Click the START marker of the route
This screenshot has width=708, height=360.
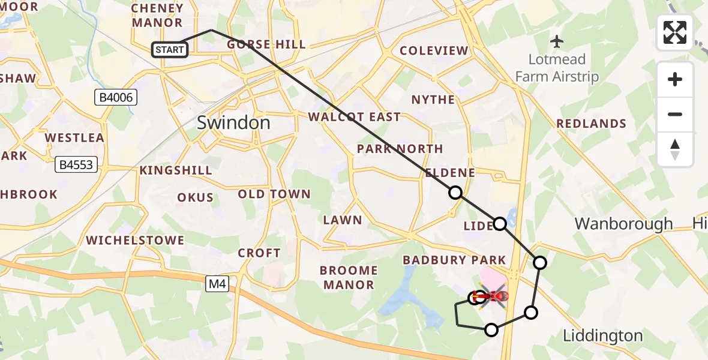(x=170, y=50)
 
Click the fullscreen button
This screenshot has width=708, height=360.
(x=675, y=32)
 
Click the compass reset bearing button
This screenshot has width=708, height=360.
(x=675, y=149)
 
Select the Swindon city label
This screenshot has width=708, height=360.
(x=234, y=123)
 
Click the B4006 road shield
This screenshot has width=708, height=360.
(x=116, y=98)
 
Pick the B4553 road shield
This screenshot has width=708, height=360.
(x=77, y=164)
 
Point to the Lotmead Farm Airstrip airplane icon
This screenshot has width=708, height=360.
(x=557, y=41)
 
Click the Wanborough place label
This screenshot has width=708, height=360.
(x=623, y=224)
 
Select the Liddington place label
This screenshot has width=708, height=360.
(x=602, y=336)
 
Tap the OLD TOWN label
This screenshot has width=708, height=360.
(x=274, y=194)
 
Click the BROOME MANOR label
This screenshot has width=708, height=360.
(x=348, y=278)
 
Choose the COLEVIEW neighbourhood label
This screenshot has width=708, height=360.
(x=433, y=51)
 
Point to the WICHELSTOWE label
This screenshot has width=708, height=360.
(x=135, y=241)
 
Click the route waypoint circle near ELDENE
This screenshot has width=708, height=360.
(x=455, y=193)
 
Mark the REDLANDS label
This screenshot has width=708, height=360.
(x=591, y=124)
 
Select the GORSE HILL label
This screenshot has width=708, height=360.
(x=266, y=44)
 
